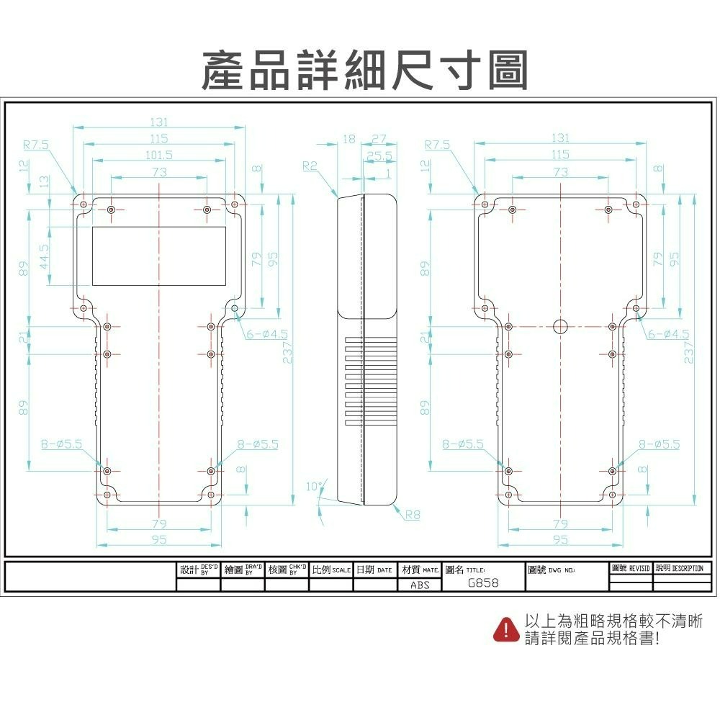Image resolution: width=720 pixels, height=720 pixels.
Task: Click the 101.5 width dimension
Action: [x=158, y=155]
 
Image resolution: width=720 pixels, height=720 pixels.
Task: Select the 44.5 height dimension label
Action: [x=45, y=256]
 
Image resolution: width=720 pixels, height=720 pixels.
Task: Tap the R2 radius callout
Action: [x=310, y=166]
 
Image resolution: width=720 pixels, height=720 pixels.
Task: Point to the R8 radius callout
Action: [x=413, y=515]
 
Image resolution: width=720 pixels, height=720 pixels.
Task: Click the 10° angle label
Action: [x=314, y=487]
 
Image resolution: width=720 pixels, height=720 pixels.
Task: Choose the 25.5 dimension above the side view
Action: [x=379, y=156]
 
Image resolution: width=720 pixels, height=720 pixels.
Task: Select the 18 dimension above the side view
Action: [x=348, y=139]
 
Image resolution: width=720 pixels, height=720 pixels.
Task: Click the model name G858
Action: [x=482, y=583]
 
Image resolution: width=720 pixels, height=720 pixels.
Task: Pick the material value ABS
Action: [x=420, y=585]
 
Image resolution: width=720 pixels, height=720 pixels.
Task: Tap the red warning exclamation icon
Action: [x=506, y=629]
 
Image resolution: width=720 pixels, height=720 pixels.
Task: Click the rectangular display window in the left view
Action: [x=158, y=256]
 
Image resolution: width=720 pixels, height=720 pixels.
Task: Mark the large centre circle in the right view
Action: [x=561, y=326]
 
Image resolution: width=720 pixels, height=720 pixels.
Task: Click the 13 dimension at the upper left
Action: [x=45, y=181]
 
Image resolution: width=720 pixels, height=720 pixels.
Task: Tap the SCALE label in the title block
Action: [x=341, y=570]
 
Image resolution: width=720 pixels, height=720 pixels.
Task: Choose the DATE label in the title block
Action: [x=384, y=570]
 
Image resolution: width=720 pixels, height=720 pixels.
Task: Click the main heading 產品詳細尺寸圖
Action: [x=365, y=70]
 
